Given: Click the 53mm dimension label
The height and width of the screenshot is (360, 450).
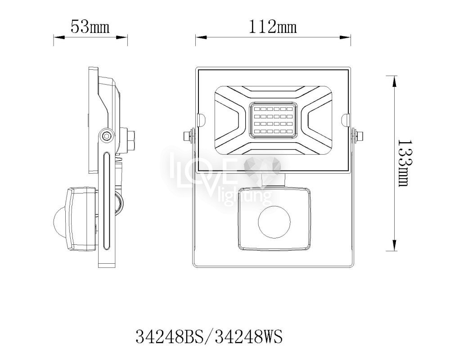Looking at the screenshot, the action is (x=90, y=27).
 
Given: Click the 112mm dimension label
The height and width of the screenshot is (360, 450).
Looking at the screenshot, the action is (x=273, y=27).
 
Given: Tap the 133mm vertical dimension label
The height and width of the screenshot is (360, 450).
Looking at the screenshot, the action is (x=405, y=163).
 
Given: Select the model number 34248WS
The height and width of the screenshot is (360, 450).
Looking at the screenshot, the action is (x=249, y=337).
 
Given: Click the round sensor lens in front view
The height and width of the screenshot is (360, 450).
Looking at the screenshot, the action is (x=274, y=222).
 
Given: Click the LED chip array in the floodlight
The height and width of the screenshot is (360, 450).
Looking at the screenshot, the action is (x=273, y=120).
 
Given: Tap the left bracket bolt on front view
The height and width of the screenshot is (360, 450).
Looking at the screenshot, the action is (x=188, y=135).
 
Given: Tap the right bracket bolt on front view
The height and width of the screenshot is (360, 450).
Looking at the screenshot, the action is (x=358, y=135).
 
